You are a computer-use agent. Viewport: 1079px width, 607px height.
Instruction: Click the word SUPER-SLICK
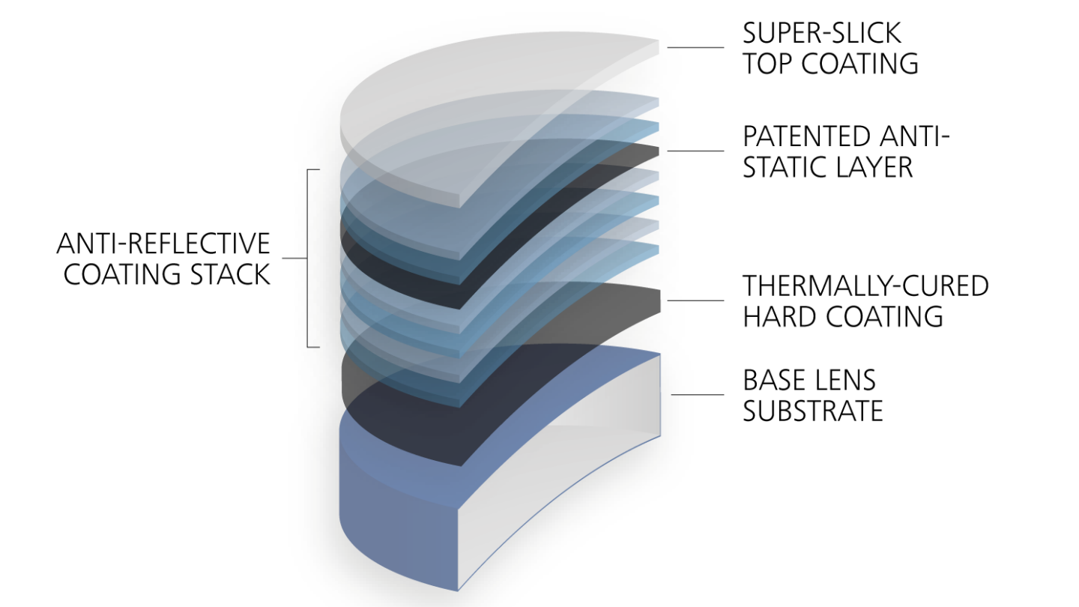[822, 33]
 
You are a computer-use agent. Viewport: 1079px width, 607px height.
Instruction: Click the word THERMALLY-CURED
[865, 286]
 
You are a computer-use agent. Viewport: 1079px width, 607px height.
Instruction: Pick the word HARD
[779, 316]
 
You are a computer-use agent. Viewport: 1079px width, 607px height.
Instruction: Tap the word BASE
[775, 380]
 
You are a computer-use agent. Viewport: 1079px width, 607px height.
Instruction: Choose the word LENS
[846, 380]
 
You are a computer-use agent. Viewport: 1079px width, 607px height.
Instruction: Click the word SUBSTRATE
[813, 411]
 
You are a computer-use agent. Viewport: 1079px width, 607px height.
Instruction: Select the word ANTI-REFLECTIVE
[163, 244]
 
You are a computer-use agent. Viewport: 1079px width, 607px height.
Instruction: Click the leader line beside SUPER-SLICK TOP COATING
[694, 47]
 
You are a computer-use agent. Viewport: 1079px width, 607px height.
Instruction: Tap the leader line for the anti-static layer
[694, 151]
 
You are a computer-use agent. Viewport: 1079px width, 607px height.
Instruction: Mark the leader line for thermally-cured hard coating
[694, 301]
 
